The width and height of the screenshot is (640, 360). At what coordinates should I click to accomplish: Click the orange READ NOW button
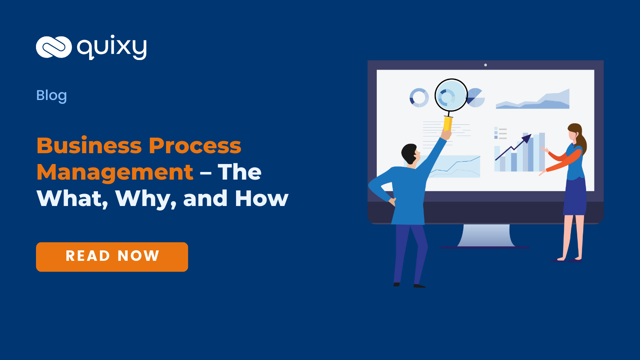click(x=112, y=257)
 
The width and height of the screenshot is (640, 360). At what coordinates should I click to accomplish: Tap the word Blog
click(x=52, y=96)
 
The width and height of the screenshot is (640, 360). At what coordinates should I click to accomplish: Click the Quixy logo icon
click(x=54, y=47)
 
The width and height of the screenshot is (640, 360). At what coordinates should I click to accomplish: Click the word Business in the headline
click(x=89, y=146)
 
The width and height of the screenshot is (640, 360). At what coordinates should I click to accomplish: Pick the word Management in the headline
click(x=115, y=172)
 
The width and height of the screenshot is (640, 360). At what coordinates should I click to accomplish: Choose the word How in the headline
click(x=262, y=198)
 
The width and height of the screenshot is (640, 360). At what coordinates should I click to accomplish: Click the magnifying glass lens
click(x=451, y=95)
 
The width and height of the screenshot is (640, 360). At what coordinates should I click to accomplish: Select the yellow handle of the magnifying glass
click(x=448, y=124)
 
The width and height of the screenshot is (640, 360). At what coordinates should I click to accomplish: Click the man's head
click(x=410, y=153)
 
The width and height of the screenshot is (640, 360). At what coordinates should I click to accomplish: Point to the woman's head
click(x=575, y=132)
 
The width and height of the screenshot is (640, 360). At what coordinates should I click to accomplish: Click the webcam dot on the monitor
click(x=486, y=65)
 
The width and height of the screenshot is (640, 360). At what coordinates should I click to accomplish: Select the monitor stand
click(x=486, y=236)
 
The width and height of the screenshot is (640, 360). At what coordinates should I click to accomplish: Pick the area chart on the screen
click(x=533, y=100)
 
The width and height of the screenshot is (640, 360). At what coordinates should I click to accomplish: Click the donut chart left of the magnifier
click(x=419, y=98)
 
